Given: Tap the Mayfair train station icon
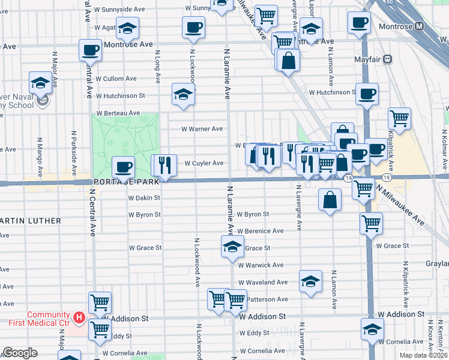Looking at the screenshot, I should [x=388, y=59].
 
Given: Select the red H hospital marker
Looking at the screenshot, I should [x=78, y=316].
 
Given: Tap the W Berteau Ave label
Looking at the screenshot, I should [x=119, y=113].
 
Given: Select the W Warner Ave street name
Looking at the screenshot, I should [x=203, y=128].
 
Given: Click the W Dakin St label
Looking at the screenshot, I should [x=145, y=197].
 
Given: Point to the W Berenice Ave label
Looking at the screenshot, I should [x=261, y=231].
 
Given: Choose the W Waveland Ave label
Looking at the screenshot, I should [x=263, y=282].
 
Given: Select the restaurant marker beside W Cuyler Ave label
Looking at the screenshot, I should [x=166, y=165].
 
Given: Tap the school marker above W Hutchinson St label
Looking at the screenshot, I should [x=184, y=94].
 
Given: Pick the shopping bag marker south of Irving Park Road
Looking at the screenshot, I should [x=330, y=200].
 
